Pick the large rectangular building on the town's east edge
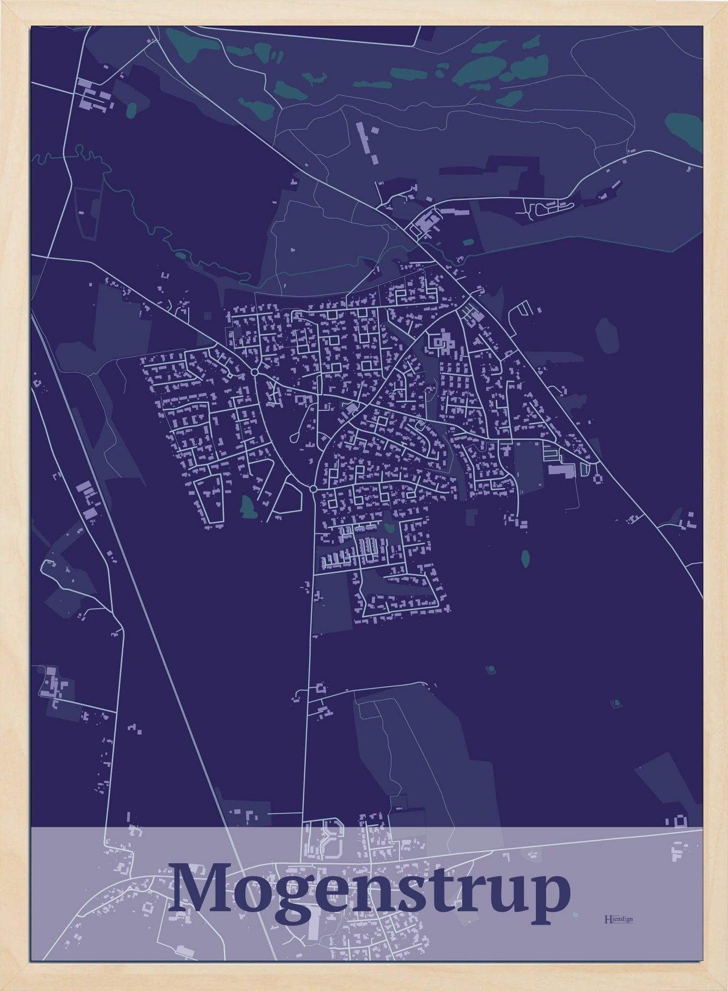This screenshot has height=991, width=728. pyautogui.click(x=561, y=470)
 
